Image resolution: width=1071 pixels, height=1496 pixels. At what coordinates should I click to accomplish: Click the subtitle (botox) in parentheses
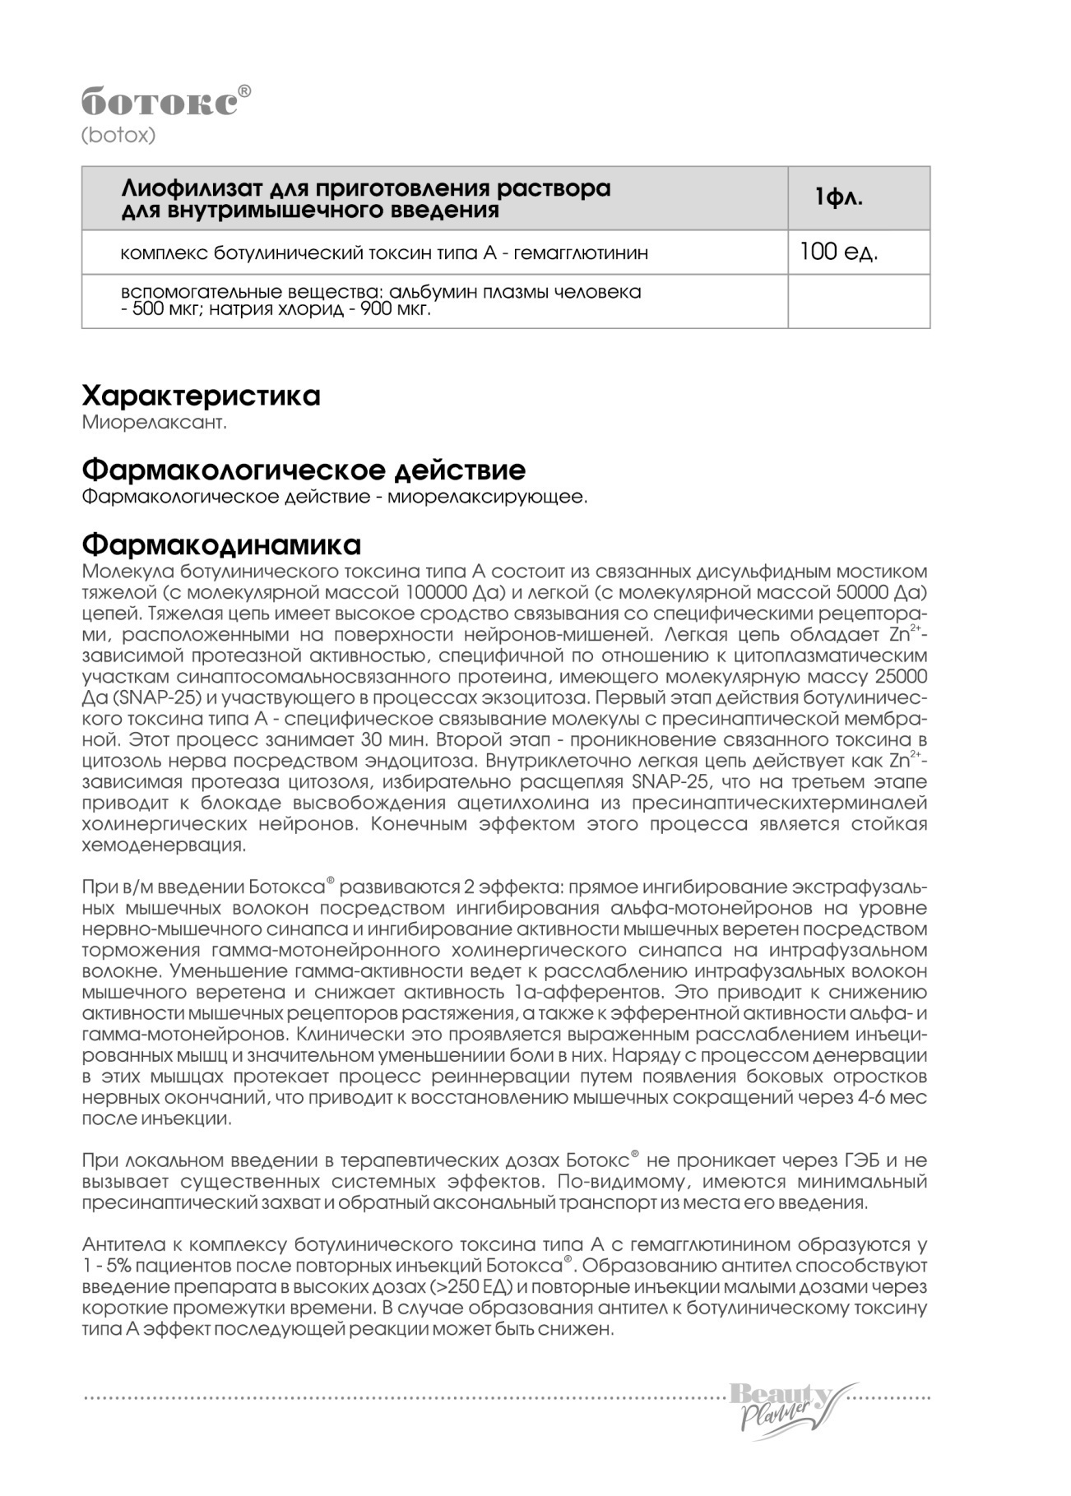(x=118, y=136)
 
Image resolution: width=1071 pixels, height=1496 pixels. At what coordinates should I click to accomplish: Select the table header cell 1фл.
(x=838, y=198)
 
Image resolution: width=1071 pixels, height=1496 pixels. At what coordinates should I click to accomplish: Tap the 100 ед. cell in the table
(x=838, y=252)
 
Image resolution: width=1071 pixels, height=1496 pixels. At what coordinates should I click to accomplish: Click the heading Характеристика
(x=201, y=396)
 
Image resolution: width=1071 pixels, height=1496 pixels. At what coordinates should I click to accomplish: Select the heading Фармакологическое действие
(x=304, y=470)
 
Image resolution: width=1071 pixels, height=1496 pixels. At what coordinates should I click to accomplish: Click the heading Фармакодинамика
(x=221, y=544)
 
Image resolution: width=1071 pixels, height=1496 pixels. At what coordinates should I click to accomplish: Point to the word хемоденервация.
(x=164, y=845)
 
